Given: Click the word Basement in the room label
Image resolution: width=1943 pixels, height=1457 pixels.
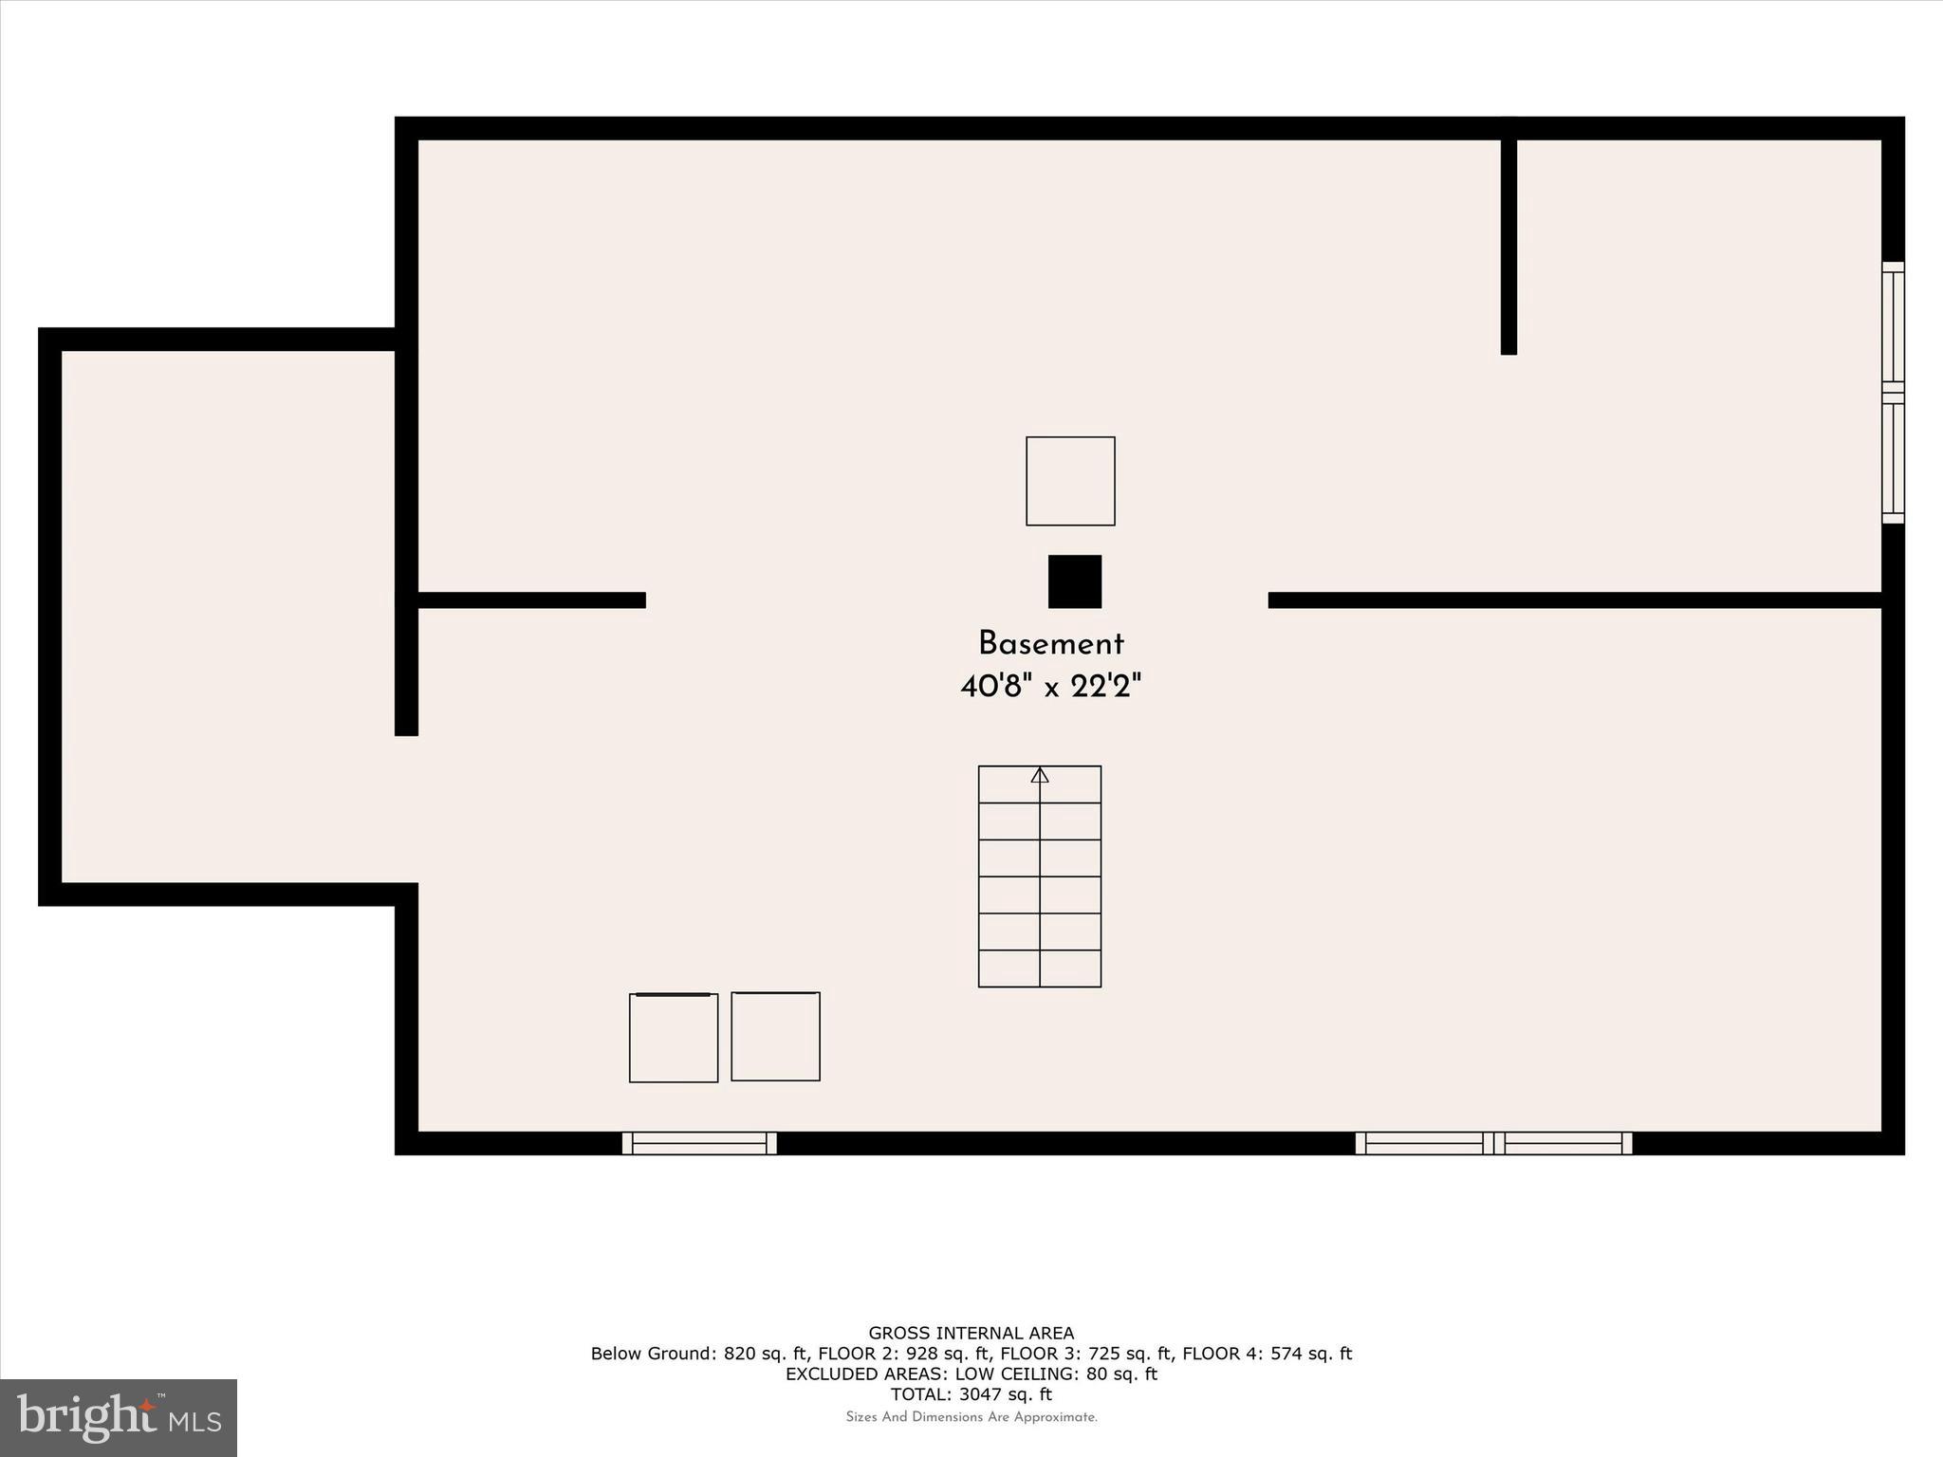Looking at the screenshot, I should click(x=1050, y=644).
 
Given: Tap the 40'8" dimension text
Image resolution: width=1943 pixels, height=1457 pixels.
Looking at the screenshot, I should click(x=995, y=686).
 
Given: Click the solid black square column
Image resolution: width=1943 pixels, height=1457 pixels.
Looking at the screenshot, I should click(x=1074, y=581).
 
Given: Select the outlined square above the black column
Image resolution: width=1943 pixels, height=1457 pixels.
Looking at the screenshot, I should click(x=1070, y=481).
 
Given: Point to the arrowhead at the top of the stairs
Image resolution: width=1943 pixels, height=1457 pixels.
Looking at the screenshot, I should click(x=1040, y=775).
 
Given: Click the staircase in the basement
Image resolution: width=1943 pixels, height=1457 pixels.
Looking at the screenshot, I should click(x=1040, y=877).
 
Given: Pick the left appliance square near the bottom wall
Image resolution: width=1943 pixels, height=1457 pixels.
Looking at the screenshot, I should click(x=674, y=1038).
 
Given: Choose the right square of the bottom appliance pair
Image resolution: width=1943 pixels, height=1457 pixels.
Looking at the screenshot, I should click(x=775, y=1037).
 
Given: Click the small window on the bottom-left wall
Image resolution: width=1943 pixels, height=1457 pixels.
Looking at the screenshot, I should click(x=699, y=1143).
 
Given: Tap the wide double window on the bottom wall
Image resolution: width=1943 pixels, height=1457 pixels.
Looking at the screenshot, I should click(x=1493, y=1143).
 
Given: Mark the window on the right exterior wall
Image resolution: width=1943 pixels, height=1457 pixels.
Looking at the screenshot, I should click(x=1893, y=393).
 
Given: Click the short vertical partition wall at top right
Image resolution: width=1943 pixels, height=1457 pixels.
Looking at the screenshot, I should click(x=1508, y=247).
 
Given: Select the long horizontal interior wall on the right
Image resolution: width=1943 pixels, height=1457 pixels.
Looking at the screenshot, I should click(x=1575, y=599).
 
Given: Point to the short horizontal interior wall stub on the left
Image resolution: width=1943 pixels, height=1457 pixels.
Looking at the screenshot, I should click(x=531, y=599).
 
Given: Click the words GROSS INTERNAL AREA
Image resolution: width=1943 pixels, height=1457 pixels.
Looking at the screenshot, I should click(x=971, y=1334).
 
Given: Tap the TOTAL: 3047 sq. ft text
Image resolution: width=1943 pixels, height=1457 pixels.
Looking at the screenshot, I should click(x=971, y=1394).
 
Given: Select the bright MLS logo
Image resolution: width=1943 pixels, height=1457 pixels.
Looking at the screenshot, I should click(x=119, y=1417).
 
